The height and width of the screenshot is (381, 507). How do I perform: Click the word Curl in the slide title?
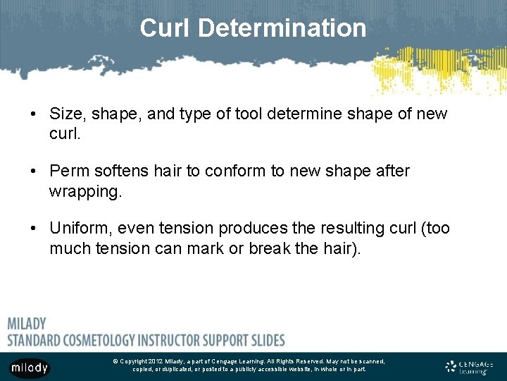[165, 28]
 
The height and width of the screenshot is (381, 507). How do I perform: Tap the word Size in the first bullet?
[65, 114]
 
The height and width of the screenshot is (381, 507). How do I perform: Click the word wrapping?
[85, 191]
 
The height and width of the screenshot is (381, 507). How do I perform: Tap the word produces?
[249, 229]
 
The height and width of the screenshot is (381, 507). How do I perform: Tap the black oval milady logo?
[30, 368]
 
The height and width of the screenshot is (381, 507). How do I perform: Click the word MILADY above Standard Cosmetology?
[27, 324]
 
